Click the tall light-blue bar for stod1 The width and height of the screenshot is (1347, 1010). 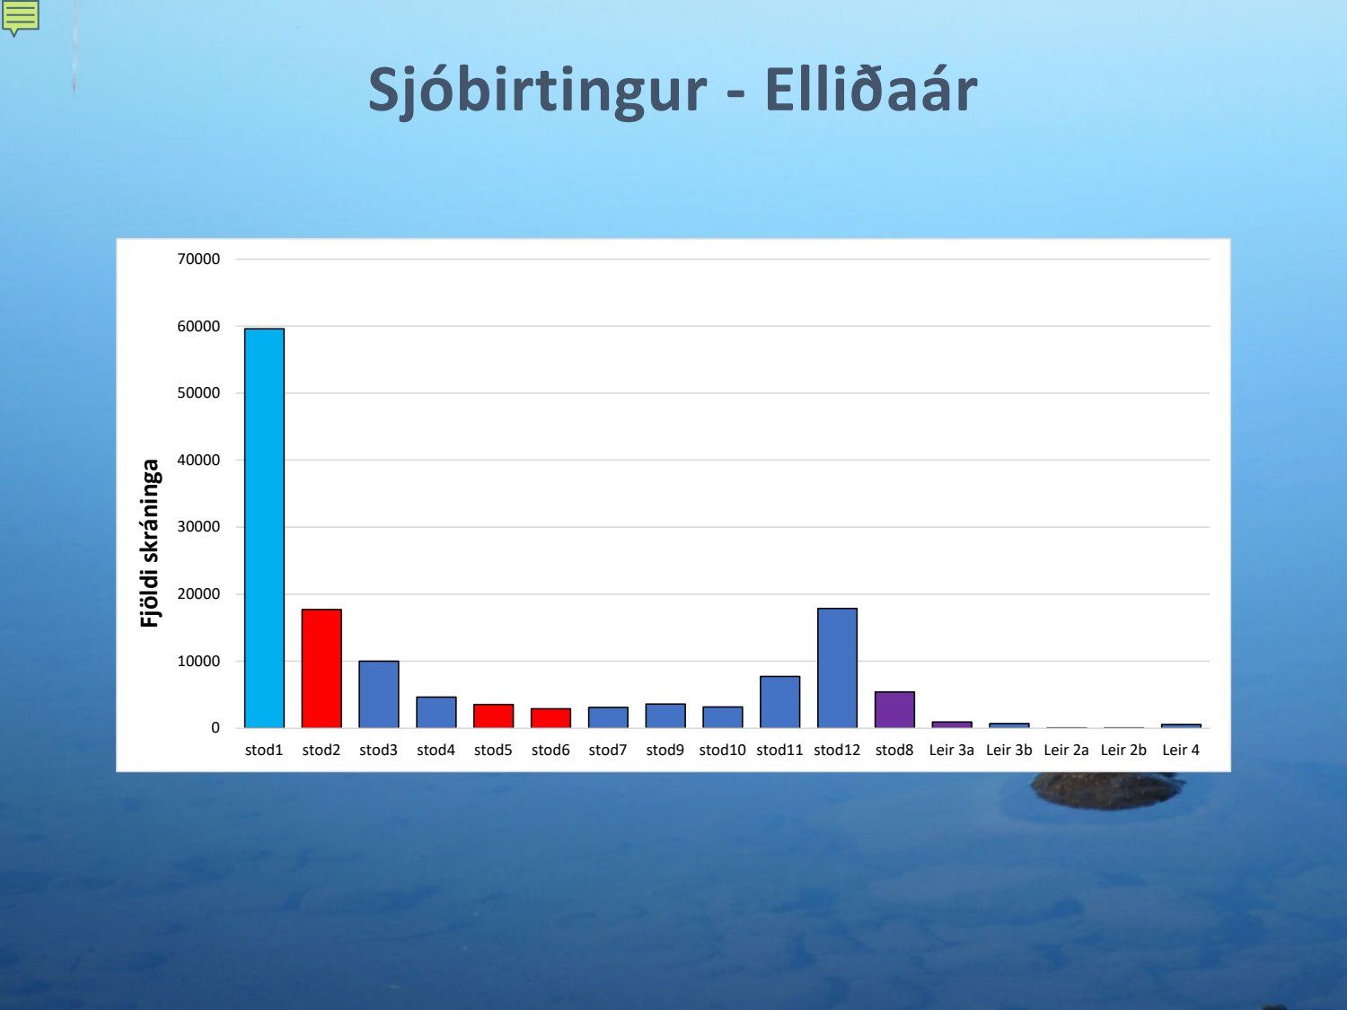(x=265, y=528)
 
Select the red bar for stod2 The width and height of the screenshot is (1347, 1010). (x=321, y=669)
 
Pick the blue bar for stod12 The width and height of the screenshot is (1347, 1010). (x=837, y=668)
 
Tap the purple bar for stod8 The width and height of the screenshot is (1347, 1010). (x=894, y=709)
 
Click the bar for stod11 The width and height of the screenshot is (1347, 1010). (x=780, y=702)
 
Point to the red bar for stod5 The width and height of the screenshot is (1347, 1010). (x=493, y=716)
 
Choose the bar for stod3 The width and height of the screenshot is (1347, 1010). (x=379, y=694)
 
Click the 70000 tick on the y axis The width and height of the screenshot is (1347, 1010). (x=198, y=259)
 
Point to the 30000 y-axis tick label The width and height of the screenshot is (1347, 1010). (x=198, y=527)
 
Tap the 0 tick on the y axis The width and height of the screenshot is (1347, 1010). (x=216, y=728)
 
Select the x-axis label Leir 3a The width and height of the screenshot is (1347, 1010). (x=951, y=750)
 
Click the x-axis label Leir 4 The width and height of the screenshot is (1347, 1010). (x=1181, y=750)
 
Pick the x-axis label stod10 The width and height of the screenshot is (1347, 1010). (x=722, y=750)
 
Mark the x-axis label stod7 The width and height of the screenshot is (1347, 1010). (x=608, y=750)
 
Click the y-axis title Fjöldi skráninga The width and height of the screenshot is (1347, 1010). (x=150, y=543)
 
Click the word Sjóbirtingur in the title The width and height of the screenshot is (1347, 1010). (x=538, y=91)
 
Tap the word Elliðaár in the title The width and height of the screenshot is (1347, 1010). (x=870, y=90)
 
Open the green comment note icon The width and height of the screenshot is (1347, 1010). (x=21, y=17)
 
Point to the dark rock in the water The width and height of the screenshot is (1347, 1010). (x=1107, y=791)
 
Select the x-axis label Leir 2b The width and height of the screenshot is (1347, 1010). (x=1123, y=750)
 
